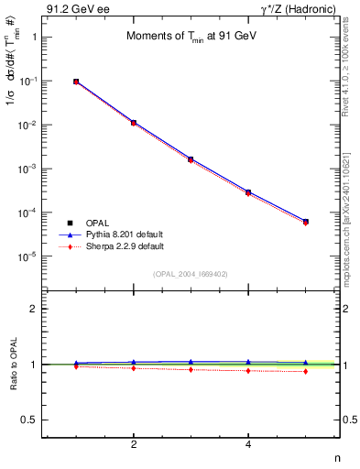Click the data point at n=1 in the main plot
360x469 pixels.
tap(76, 82)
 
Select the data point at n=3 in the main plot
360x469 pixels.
tap(191, 158)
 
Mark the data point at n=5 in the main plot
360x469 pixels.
tap(305, 222)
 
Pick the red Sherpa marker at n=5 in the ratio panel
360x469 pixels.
tap(305, 371)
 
